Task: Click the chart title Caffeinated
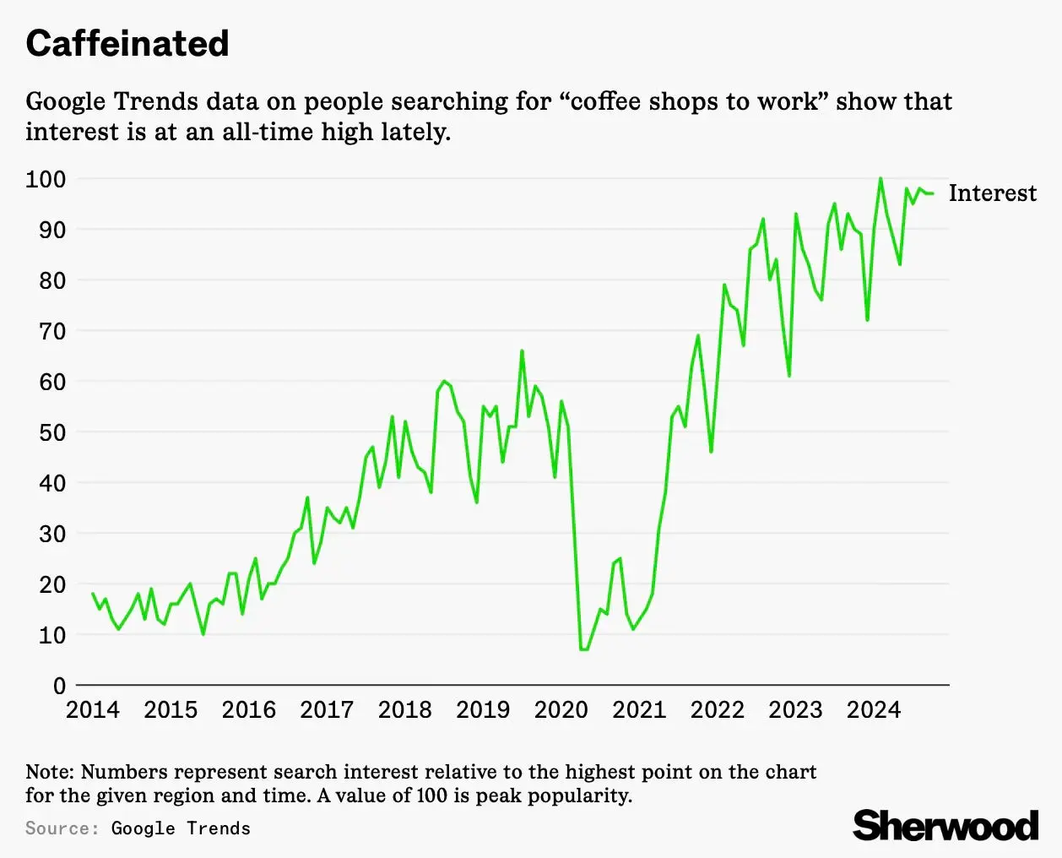127,44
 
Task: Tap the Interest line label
992,193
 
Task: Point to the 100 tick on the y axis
46,179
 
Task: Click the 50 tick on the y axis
51,432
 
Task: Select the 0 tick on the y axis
59,686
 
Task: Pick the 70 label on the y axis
51,331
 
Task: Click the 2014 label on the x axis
93,709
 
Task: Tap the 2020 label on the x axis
561,709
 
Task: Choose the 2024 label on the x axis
873,709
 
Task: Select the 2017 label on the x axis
327,709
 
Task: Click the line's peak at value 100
880,178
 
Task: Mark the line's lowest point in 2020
583,649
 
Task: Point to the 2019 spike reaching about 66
522,350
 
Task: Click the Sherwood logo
946,825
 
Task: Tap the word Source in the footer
62,828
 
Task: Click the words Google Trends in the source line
181,828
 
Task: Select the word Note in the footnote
49,772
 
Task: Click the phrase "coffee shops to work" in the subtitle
693,101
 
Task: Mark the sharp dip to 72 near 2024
867,320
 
